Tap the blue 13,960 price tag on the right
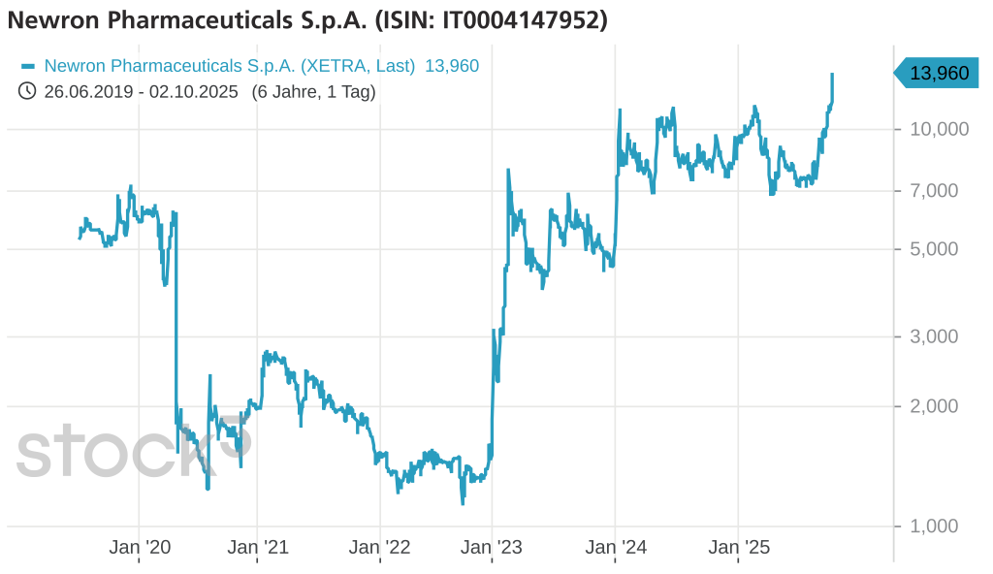click(x=936, y=73)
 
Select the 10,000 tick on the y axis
click(x=939, y=130)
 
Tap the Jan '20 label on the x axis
click(x=140, y=548)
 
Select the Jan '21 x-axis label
click(x=258, y=548)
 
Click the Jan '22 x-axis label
click(x=379, y=548)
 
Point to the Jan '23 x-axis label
click(x=492, y=548)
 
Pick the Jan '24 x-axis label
click(x=616, y=548)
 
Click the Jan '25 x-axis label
click(x=739, y=548)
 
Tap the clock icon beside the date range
click(x=27, y=91)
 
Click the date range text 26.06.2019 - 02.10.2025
click(x=141, y=91)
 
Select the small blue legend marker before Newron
click(x=27, y=66)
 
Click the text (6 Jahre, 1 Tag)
click(x=313, y=91)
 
